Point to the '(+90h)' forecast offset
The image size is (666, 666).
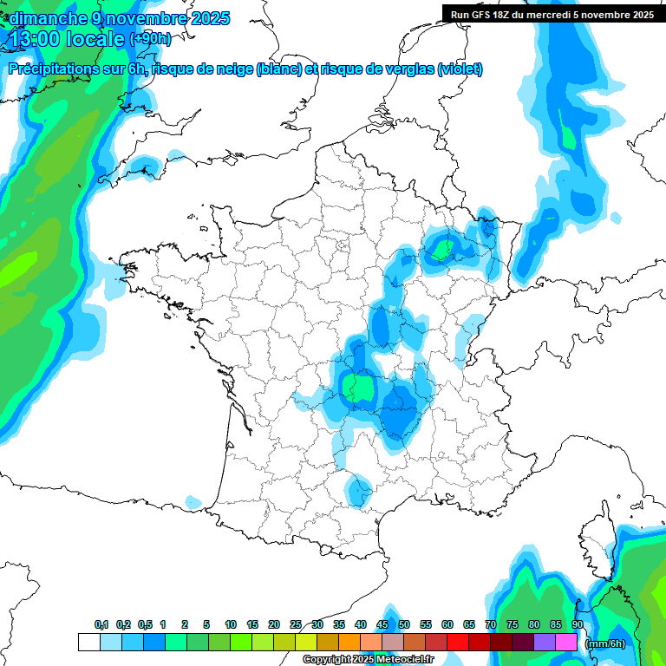150,39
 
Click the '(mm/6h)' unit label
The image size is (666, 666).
605,643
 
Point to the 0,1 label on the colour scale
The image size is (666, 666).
101,625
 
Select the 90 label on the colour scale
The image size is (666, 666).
578,625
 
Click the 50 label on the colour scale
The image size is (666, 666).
404,625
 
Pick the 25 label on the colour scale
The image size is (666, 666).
296,625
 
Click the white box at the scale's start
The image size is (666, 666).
88,643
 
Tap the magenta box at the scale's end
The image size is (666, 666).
566,643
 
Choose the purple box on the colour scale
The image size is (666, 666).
545,643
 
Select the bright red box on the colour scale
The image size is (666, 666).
458,643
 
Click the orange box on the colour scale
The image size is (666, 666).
349,643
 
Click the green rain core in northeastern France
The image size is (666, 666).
441,250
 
